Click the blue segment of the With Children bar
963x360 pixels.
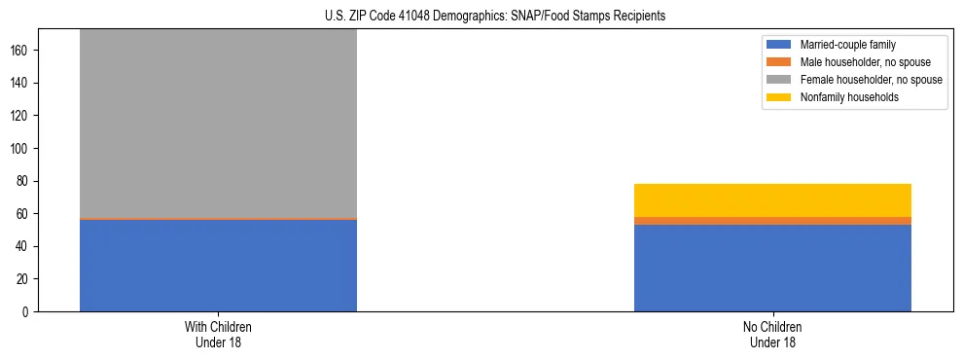click(x=218, y=266)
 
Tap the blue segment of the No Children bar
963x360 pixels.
click(x=772, y=268)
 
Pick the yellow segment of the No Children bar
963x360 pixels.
click(x=772, y=200)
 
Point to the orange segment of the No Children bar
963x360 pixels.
click(x=772, y=221)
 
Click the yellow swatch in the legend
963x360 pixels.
click(x=780, y=97)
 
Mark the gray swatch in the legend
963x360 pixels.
click(x=780, y=80)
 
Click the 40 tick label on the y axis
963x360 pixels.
click(x=23, y=246)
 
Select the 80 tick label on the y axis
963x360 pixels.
click(x=23, y=181)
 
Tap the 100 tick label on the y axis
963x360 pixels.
click(x=20, y=148)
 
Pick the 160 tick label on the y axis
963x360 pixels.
click(x=20, y=50)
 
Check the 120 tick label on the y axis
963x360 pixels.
click(x=20, y=115)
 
